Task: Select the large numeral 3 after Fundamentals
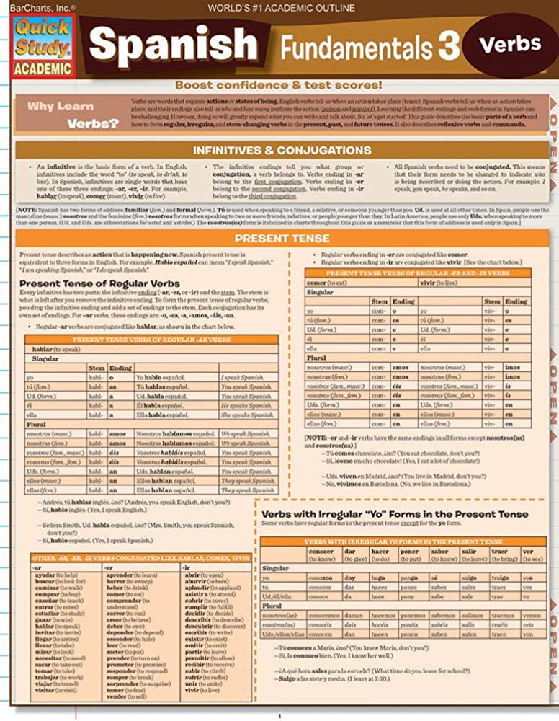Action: pyautogui.click(x=447, y=48)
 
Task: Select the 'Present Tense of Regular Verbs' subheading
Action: pyautogui.click(x=99, y=283)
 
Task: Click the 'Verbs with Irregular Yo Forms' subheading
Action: pyautogui.click(x=394, y=514)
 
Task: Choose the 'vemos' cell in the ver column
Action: pyautogui.click(x=532, y=616)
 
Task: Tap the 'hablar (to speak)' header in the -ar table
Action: pyautogui.click(x=57, y=349)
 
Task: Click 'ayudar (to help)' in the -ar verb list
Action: pyautogui.click(x=55, y=575)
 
